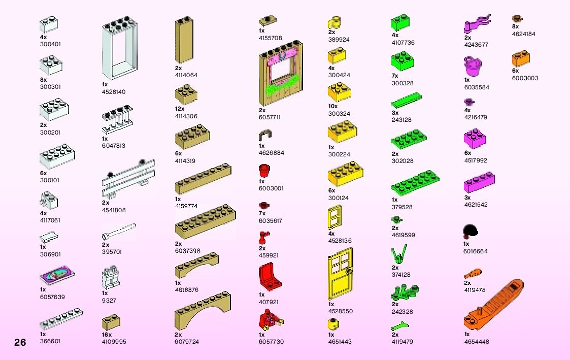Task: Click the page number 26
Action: (x=20, y=342)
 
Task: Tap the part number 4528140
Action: (x=114, y=92)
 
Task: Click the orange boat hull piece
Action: (x=493, y=304)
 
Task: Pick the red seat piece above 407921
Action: (x=269, y=277)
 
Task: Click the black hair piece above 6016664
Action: (x=471, y=232)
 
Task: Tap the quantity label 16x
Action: (x=107, y=335)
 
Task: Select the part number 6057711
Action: (x=270, y=117)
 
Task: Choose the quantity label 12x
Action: (x=180, y=109)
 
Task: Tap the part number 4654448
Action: (x=477, y=342)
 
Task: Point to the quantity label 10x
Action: (x=333, y=107)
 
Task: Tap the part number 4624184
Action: (x=524, y=34)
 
